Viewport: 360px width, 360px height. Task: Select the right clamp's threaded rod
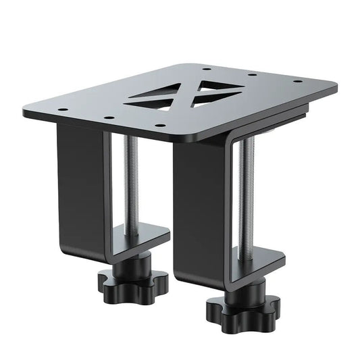(x=245, y=196)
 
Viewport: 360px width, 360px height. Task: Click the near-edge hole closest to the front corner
(x=158, y=125)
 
